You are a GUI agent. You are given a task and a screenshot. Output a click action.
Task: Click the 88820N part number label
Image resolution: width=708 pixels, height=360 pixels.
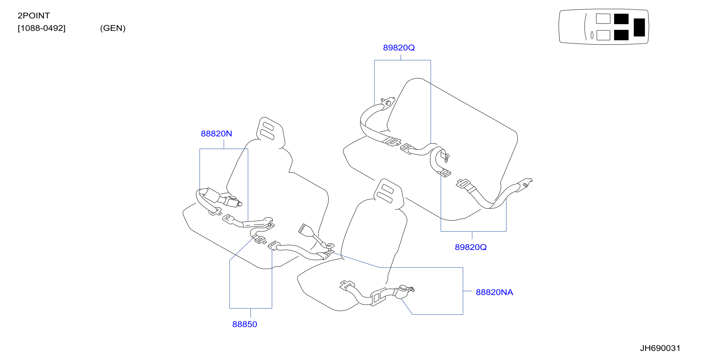coord(216,134)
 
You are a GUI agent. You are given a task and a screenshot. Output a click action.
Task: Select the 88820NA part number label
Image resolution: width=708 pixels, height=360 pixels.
coord(494,292)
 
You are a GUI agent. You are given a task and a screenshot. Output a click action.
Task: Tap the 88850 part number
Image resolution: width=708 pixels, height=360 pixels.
coord(245,324)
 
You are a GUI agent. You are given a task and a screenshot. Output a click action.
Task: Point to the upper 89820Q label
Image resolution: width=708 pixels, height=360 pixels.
coord(399,48)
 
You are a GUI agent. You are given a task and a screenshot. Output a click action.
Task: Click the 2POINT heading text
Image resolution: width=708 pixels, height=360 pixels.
coord(34,16)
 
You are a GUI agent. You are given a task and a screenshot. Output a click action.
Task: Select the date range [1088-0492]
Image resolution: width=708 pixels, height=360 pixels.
coord(41,28)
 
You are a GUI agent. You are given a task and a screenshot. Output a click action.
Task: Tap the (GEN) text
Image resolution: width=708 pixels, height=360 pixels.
coord(113,28)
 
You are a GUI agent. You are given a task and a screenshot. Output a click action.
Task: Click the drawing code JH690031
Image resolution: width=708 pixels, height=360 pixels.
coord(660,348)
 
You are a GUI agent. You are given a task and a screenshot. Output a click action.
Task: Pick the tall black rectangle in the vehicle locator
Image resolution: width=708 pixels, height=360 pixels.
coord(639,27)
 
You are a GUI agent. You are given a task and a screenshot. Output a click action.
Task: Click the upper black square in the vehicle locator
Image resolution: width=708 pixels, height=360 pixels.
coord(621,19)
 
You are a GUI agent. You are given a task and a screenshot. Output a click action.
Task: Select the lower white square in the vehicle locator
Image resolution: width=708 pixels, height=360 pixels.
coord(603,35)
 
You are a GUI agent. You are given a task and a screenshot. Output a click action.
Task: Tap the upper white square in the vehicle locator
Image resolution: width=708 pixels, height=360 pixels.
coord(603,19)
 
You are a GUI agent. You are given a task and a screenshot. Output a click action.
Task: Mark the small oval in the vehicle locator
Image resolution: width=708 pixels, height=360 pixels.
coord(592,35)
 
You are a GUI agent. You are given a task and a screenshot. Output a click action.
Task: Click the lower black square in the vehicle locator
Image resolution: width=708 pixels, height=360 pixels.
coord(621,35)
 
